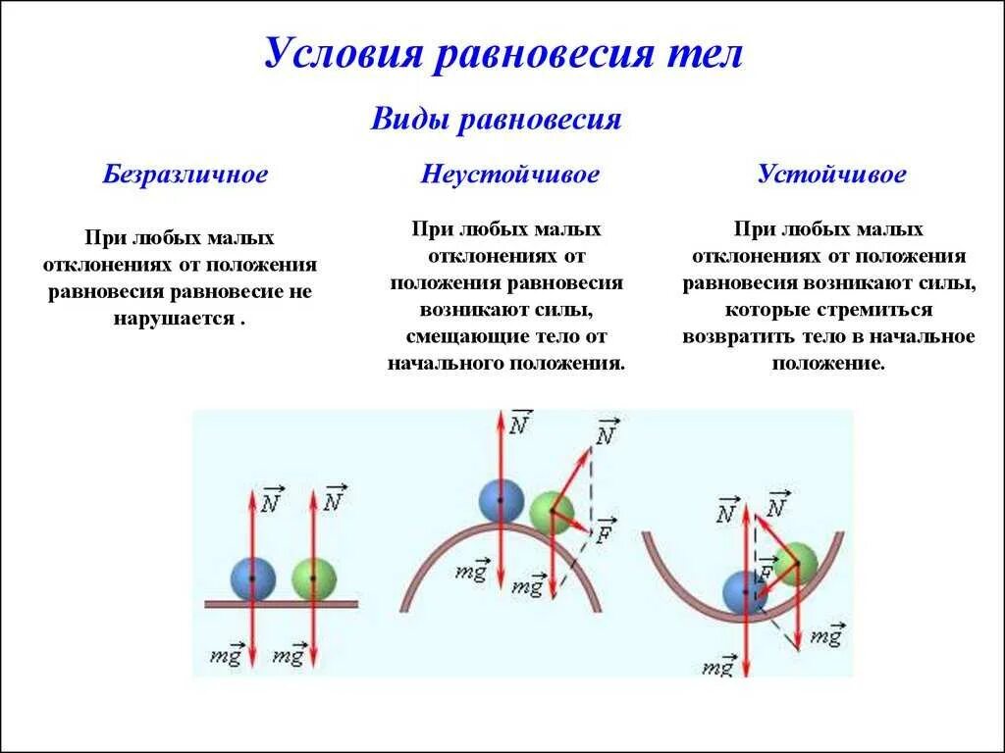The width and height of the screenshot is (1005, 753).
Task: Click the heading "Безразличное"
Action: (185, 176)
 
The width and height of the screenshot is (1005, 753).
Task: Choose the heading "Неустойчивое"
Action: (510, 176)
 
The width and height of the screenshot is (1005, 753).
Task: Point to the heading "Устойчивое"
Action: (831, 176)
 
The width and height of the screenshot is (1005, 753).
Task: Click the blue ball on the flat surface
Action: (252, 578)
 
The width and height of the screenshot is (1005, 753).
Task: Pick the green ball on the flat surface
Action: (313, 578)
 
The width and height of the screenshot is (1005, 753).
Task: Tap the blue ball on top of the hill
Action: (501, 501)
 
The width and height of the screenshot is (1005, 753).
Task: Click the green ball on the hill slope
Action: (550, 514)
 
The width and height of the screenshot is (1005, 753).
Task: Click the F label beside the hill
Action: (605, 530)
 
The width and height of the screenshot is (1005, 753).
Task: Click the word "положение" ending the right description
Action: (829, 363)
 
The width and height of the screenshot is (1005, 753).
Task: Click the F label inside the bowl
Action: (765, 572)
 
